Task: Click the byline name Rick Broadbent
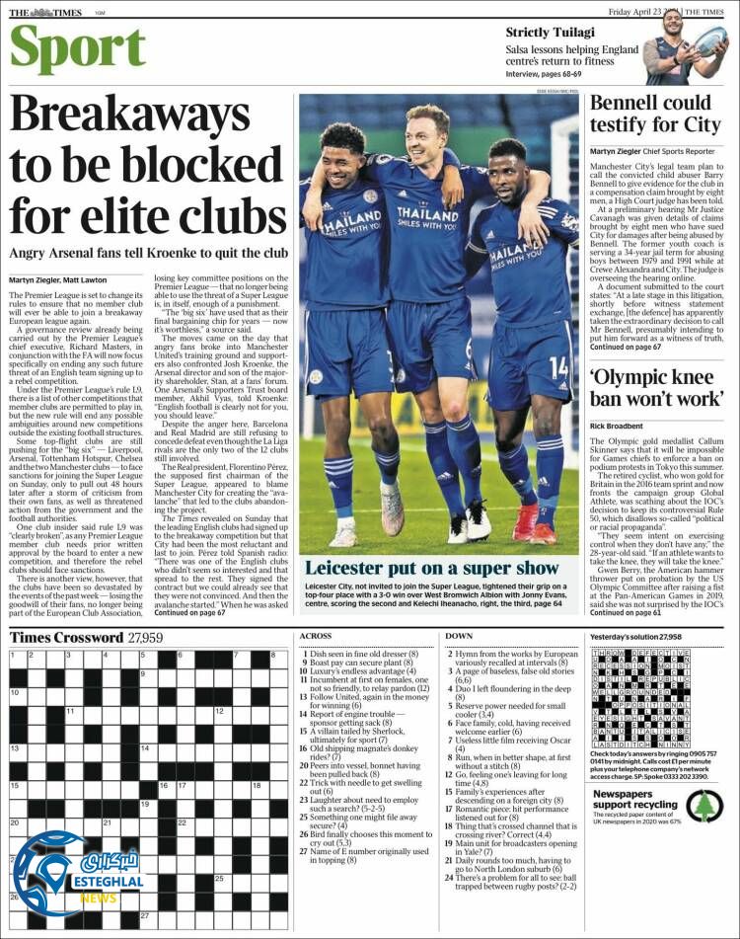coord(622,426)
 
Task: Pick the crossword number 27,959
coord(145,637)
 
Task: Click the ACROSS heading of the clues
coord(316,636)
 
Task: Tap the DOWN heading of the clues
coord(459,636)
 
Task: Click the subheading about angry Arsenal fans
coord(148,254)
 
